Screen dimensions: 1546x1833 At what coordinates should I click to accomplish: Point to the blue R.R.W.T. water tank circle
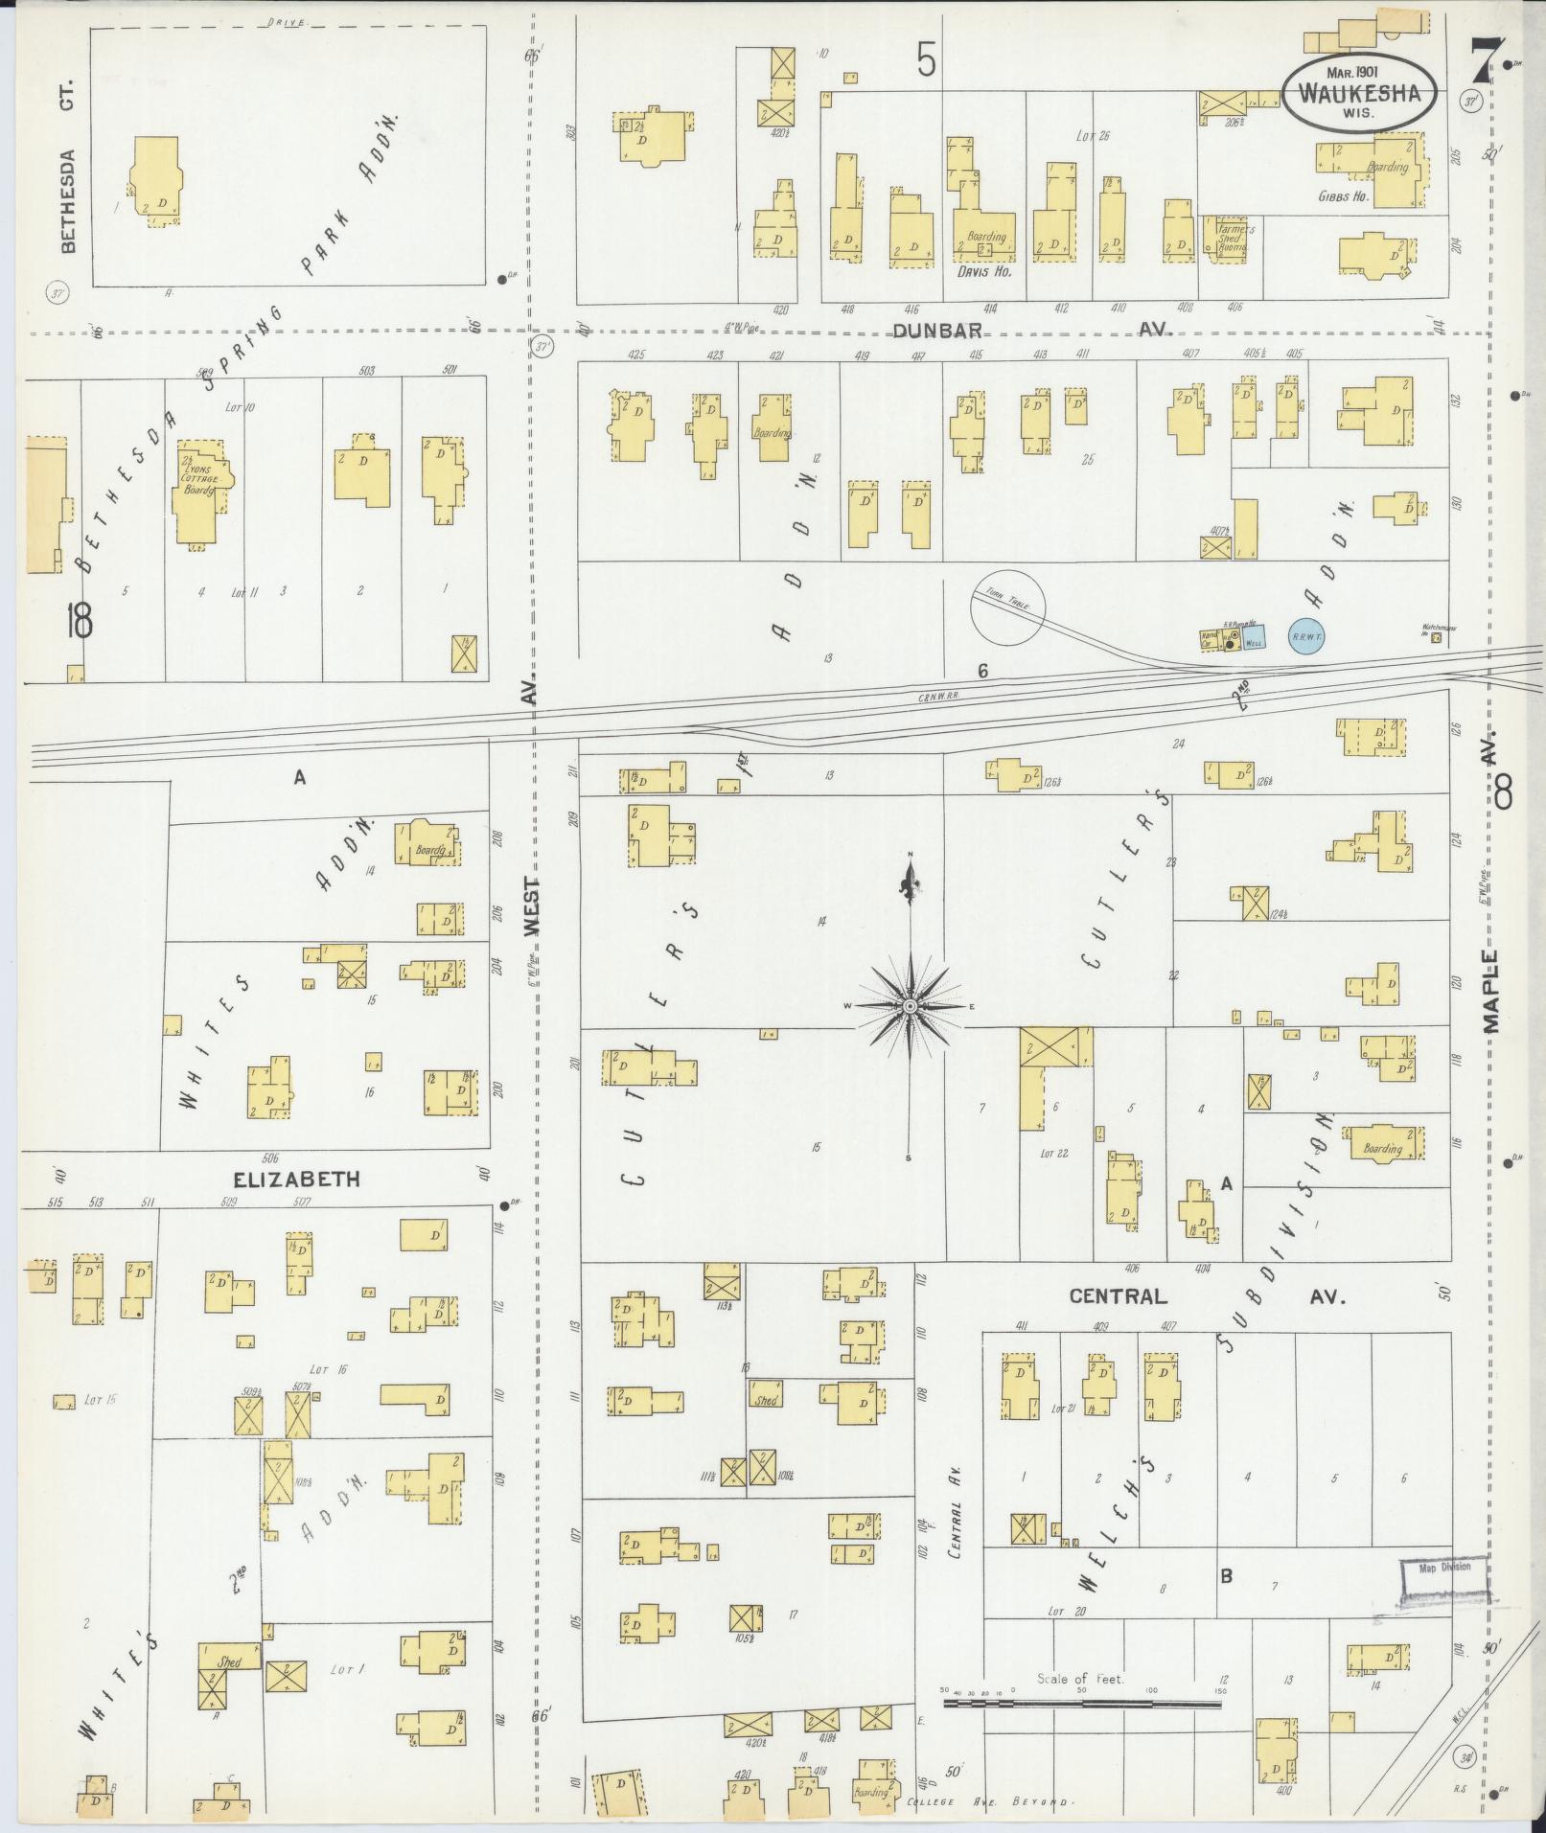coord(1307,635)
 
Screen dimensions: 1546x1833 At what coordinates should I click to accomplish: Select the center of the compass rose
coord(910,1006)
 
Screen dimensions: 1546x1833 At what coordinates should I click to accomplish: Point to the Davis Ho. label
coord(985,271)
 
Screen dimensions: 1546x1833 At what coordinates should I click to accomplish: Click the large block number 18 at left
coord(79,622)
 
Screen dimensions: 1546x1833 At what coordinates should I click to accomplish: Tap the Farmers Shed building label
coord(1231,238)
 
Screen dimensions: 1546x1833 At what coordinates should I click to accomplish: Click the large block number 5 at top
coord(925,62)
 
